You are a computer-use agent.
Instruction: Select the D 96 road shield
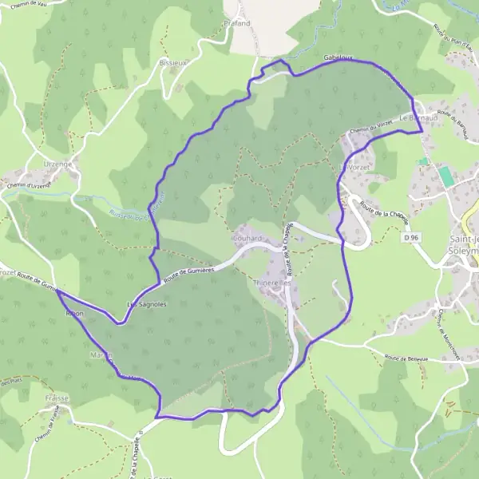[x=411, y=237]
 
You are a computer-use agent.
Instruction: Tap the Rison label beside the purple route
[x=73, y=315]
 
